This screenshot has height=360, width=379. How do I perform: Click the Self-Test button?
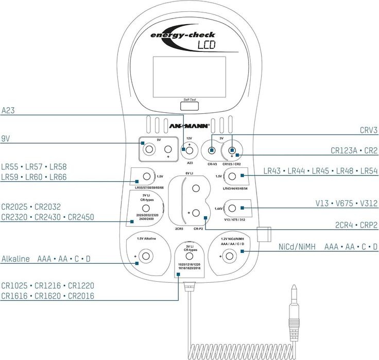pyautogui.click(x=189, y=106)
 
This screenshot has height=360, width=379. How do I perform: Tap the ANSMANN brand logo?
pyautogui.click(x=189, y=126)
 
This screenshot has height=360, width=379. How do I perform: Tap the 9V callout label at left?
pyautogui.click(x=7, y=139)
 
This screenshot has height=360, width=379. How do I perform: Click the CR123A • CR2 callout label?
pyautogui.click(x=354, y=151)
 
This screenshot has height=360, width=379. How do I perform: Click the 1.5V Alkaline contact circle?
pyautogui.click(x=147, y=256)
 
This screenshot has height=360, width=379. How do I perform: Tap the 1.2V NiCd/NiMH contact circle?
pyautogui.click(x=232, y=256)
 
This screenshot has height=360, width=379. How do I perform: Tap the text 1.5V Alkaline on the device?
pyautogui.click(x=146, y=239)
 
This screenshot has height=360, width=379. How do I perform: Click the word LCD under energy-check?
pyautogui.click(x=206, y=45)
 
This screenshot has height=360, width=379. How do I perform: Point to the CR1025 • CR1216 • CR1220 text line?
pyautogui.click(x=47, y=285)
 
